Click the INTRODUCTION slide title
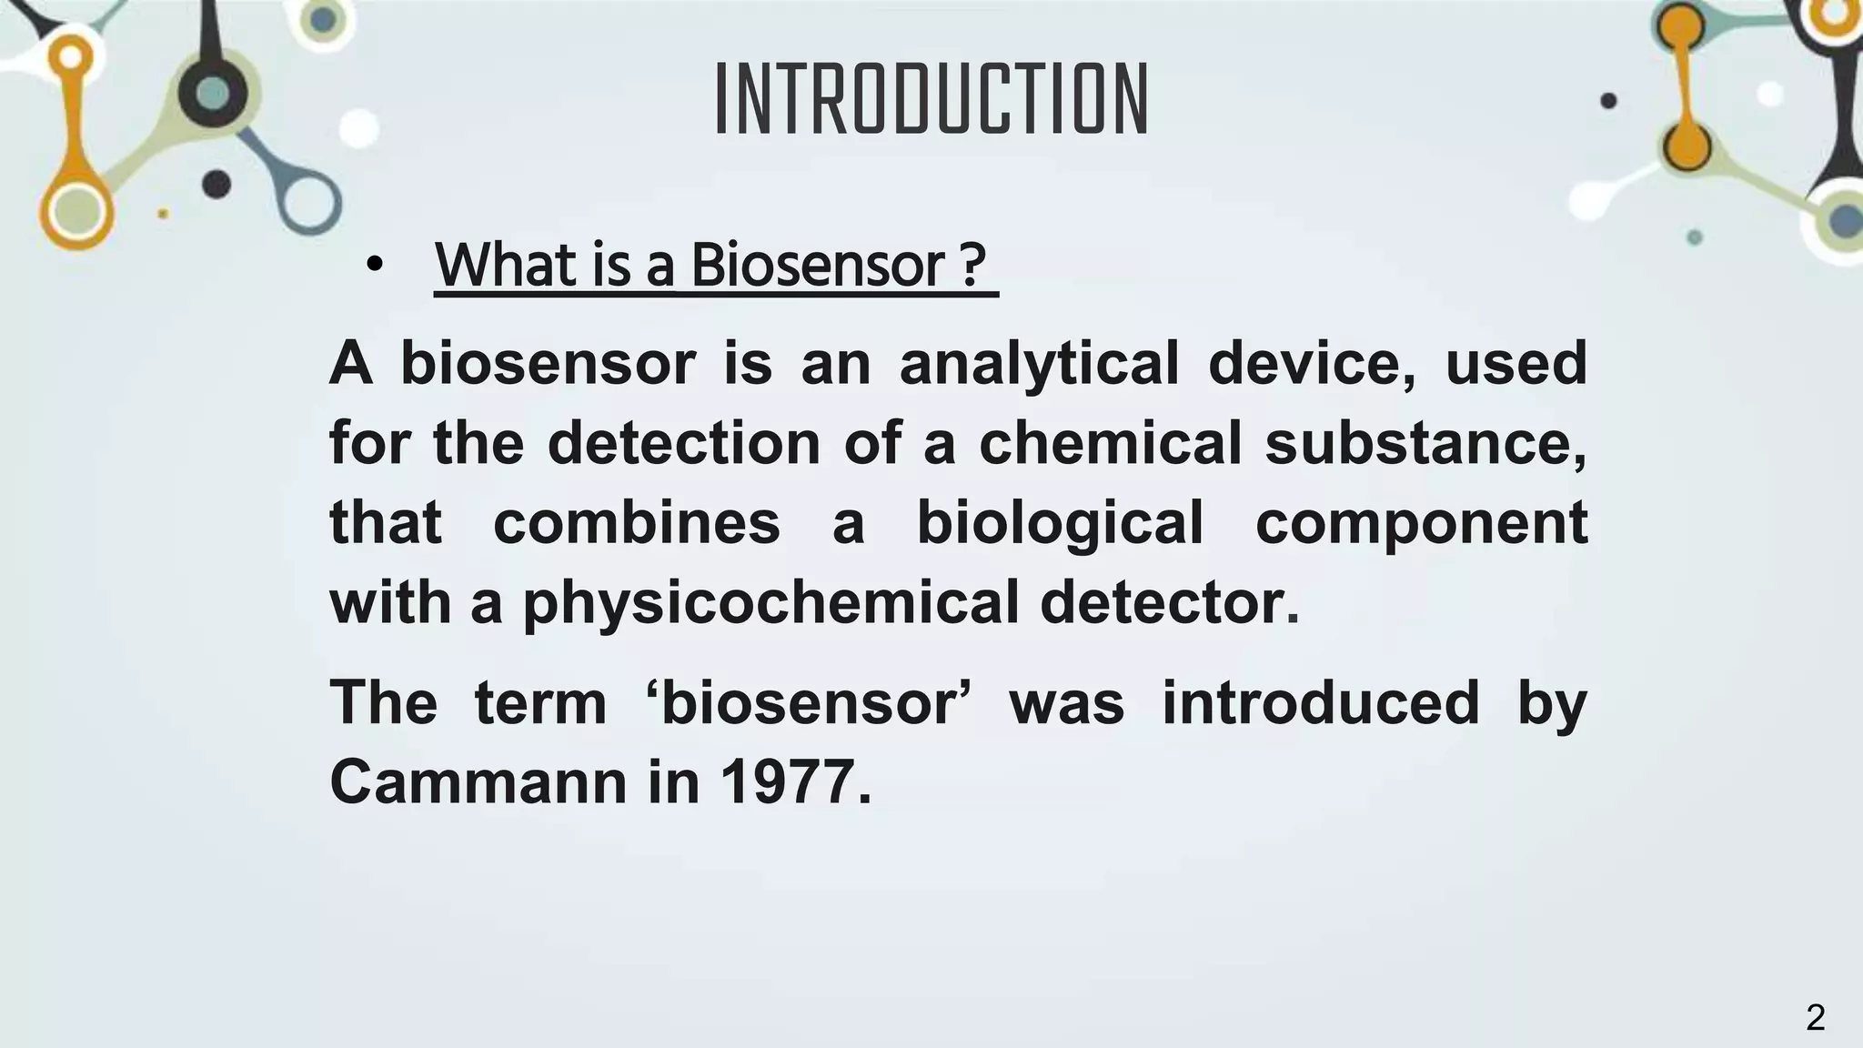931,100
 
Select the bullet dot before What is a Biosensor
374,266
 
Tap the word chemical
1110,443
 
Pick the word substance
1425,443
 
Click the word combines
636,523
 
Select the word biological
1060,525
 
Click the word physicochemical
770,604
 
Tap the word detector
1170,602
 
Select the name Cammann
478,782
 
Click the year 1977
795,782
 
